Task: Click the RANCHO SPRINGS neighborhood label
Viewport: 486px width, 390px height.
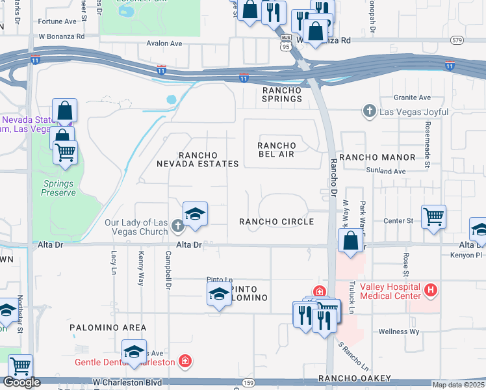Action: click(x=282, y=94)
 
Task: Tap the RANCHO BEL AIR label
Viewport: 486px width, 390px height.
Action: click(x=276, y=149)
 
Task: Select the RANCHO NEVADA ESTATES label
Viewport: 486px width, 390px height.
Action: click(x=198, y=159)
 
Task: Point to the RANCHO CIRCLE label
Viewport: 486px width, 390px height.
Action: click(x=276, y=222)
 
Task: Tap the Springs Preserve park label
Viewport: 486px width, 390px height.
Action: click(x=58, y=188)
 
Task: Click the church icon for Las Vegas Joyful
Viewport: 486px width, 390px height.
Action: click(x=370, y=112)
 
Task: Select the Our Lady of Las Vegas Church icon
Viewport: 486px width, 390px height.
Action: click(x=179, y=227)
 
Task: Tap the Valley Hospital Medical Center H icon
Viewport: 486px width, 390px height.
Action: click(x=429, y=289)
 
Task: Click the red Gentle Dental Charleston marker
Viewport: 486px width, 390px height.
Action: click(x=185, y=361)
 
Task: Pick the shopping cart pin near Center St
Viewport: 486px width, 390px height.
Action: click(x=433, y=216)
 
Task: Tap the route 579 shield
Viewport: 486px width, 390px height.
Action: click(x=457, y=41)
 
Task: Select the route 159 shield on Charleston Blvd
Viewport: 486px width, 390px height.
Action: click(x=249, y=383)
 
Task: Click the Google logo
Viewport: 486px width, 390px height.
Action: click(x=21, y=382)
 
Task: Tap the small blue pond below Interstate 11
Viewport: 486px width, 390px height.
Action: click(x=171, y=100)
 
